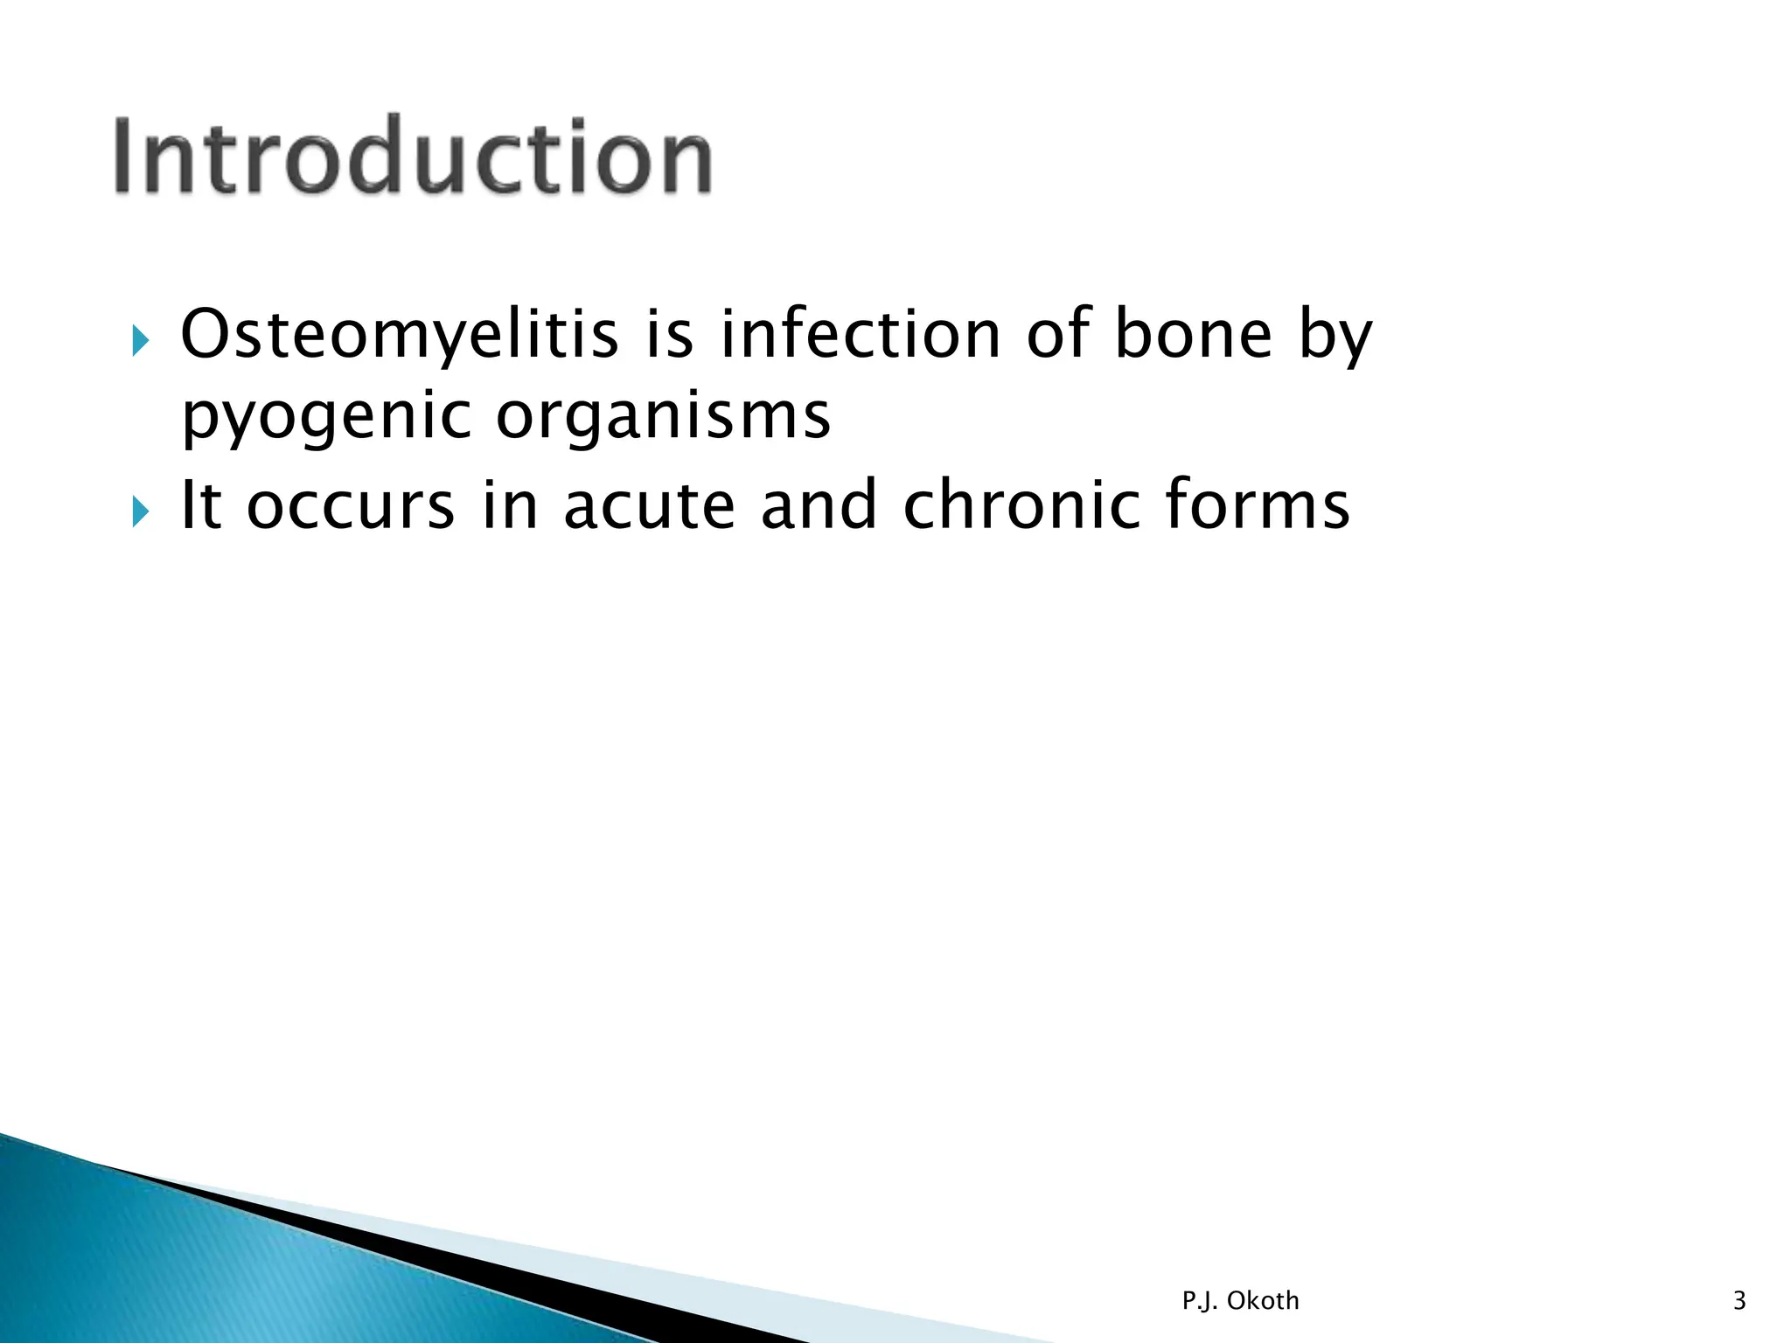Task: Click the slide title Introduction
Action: click(413, 157)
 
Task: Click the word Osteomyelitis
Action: click(399, 336)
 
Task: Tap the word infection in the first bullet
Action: click(860, 336)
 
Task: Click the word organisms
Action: click(663, 418)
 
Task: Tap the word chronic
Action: click(1021, 506)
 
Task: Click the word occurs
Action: click(351, 506)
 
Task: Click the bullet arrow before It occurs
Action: click(141, 511)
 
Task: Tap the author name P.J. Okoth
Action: click(1240, 1301)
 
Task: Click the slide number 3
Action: click(1739, 1301)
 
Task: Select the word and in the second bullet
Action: click(819, 506)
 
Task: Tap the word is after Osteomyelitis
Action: click(669, 336)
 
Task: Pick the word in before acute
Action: click(509, 506)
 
